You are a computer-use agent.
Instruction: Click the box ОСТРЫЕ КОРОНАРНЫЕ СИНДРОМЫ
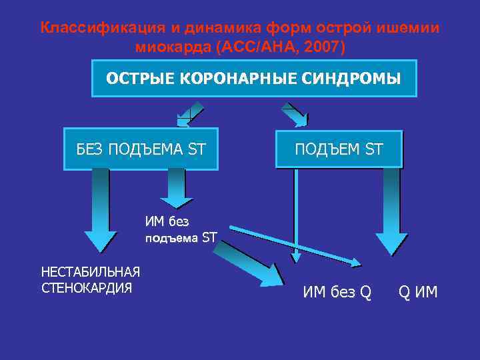pyautogui.click(x=253, y=79)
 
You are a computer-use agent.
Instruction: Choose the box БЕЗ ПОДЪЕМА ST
pyautogui.click(x=141, y=149)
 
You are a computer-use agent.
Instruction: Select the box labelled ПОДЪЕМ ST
pyautogui.click(x=339, y=149)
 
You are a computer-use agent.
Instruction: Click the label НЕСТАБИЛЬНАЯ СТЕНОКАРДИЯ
pyautogui.click(x=91, y=279)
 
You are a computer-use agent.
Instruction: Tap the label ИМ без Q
pyautogui.click(x=337, y=291)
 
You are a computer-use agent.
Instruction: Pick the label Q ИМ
pyautogui.click(x=418, y=291)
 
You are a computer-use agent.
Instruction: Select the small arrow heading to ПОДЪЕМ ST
pyautogui.click(x=294, y=114)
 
